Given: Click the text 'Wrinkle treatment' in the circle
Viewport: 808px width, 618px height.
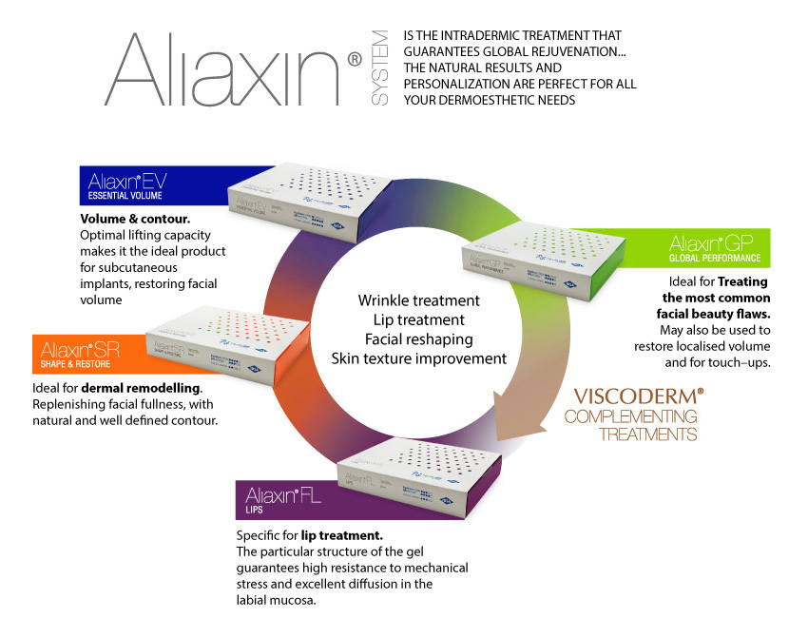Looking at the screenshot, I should [418, 300].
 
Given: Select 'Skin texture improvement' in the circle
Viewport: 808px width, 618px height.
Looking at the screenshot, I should [418, 358].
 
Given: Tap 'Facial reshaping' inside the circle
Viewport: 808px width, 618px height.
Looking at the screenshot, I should [418, 339].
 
